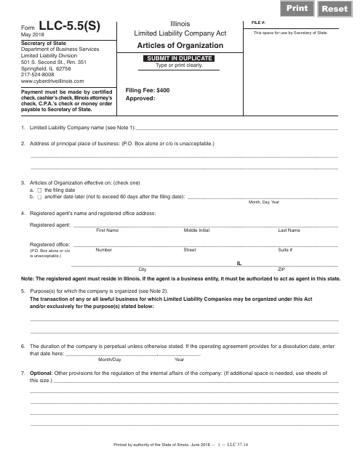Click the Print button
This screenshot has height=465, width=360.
(x=297, y=8)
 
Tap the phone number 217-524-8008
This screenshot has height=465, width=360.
(x=37, y=76)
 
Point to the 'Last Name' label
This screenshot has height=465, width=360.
(x=289, y=230)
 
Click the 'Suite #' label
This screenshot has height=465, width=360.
(x=285, y=250)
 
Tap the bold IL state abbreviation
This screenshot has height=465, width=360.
(x=239, y=262)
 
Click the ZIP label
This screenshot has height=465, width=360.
(x=281, y=270)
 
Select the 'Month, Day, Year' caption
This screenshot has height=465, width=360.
(x=263, y=202)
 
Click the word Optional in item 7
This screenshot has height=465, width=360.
(x=41, y=373)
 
